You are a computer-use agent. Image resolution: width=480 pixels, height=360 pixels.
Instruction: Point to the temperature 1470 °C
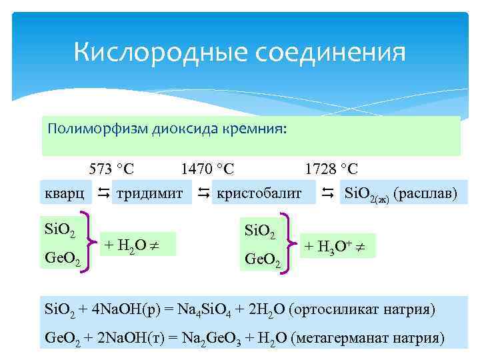[x=207, y=169]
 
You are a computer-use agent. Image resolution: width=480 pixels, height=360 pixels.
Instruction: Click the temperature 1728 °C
[x=331, y=169]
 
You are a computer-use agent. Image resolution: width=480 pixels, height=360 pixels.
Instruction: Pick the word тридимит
[x=149, y=194]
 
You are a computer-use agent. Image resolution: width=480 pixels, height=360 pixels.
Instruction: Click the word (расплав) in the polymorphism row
[x=426, y=194]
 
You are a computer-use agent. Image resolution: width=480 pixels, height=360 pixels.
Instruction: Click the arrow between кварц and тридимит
[x=103, y=194]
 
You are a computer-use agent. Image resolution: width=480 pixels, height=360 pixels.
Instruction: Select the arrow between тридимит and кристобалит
[x=203, y=194]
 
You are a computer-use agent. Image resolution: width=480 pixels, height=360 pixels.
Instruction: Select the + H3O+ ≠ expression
[x=339, y=245]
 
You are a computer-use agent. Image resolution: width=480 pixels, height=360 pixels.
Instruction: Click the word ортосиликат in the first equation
[x=347, y=310]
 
